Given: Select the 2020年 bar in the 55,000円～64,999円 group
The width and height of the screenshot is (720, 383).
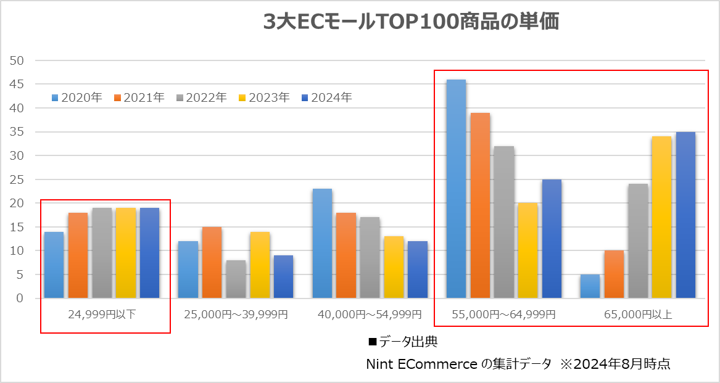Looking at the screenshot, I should point(456,189).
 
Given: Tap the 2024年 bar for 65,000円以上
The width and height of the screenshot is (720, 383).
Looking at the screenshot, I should point(685,215).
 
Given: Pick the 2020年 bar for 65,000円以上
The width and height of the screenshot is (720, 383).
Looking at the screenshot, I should point(590,286).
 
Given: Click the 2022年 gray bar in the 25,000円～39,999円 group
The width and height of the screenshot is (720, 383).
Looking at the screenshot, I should point(236,279).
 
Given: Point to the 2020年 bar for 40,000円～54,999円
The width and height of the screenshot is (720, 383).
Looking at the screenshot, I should point(322,244).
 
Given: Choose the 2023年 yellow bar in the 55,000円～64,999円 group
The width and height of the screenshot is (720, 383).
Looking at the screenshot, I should point(528,250).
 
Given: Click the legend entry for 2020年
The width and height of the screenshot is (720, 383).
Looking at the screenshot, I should point(77,97).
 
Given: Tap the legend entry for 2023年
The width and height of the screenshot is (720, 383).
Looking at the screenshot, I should point(263,97).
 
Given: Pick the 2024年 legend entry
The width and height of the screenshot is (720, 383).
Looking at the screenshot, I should point(326,97).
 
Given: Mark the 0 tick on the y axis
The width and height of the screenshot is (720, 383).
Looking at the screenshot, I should point(20,299).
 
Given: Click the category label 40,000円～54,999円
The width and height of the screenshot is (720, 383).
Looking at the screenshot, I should point(370,315).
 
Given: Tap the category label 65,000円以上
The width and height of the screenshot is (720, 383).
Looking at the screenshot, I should point(638,315).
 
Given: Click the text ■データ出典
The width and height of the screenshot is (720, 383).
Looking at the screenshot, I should point(402,341).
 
